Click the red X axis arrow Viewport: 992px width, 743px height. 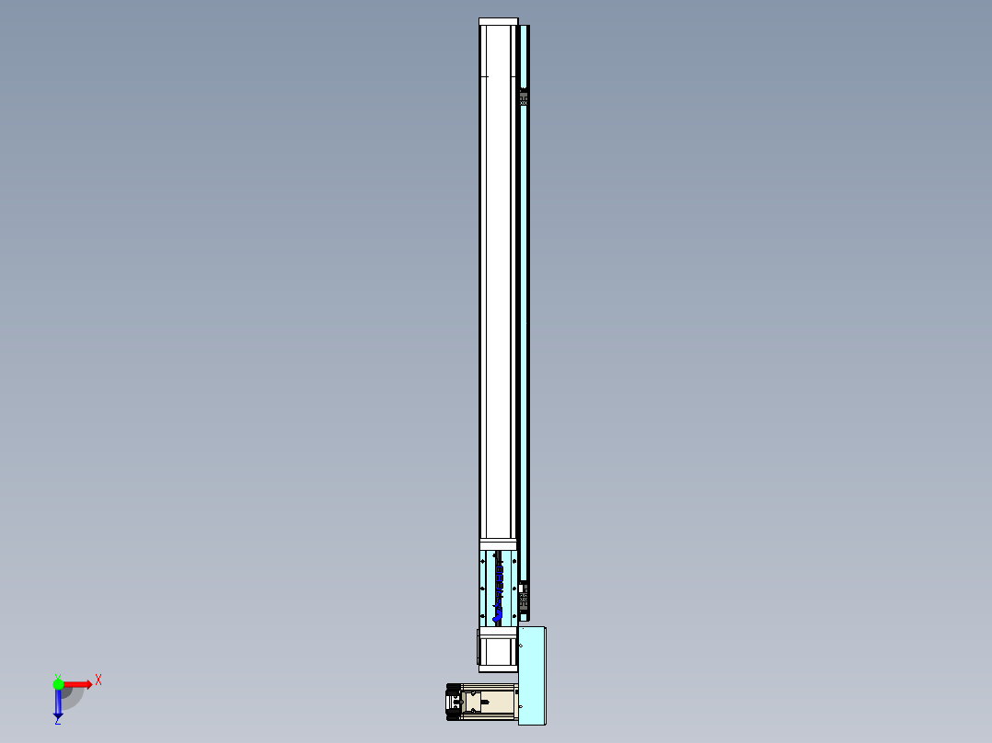click(77, 684)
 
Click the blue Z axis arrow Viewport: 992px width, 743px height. click(58, 703)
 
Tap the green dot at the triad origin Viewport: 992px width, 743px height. click(58, 684)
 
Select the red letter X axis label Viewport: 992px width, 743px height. click(98, 680)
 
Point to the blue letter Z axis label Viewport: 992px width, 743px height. click(57, 722)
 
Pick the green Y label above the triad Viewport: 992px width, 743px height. click(57, 676)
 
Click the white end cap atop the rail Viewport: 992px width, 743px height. click(498, 21)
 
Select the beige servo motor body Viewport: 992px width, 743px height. click(491, 703)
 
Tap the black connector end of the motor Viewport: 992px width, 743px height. click(453, 703)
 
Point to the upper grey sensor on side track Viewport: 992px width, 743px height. click(524, 97)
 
